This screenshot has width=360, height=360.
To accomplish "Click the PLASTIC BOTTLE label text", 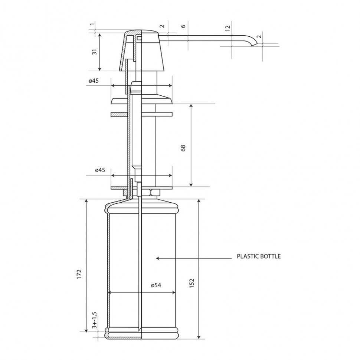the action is [x=259, y=256].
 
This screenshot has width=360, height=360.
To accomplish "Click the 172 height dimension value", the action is [x=79, y=274].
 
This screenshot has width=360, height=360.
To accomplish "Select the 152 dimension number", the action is [x=192, y=283].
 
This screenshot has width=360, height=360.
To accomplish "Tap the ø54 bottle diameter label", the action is [x=156, y=285].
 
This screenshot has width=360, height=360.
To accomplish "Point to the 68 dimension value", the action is [x=183, y=148].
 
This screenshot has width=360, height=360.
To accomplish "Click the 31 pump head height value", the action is [x=95, y=52].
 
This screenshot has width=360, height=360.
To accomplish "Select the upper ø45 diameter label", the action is [x=94, y=81].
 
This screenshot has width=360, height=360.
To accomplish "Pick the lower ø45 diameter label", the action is [x=100, y=170].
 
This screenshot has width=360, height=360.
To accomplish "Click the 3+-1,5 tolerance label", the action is [x=94, y=320].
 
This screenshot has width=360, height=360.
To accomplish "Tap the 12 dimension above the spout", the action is [x=227, y=28].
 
